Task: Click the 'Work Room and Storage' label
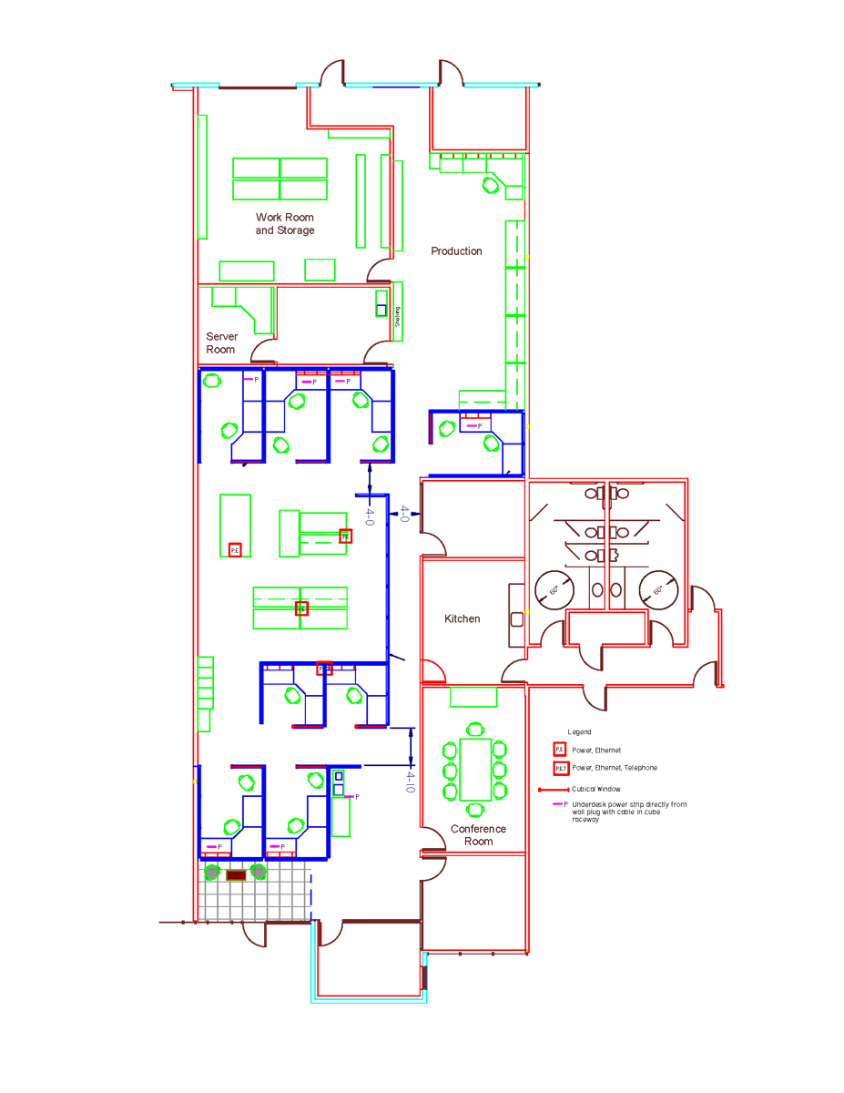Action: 285,224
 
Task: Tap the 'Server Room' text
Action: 221,343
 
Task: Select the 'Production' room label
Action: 456,251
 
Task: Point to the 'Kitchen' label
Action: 462,619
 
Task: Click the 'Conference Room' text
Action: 478,835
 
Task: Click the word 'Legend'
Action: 579,732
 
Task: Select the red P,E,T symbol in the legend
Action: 561,768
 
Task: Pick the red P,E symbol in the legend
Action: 560,750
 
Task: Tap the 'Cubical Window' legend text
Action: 596,789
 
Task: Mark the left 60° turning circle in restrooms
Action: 553,590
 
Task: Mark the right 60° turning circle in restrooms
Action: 658,590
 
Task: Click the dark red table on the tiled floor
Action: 236,875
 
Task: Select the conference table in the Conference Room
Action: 475,769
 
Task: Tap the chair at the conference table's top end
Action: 475,729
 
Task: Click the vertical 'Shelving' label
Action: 397,316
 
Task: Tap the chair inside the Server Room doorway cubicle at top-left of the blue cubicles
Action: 212,381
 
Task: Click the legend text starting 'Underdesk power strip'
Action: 629,812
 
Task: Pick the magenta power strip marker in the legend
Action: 557,804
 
